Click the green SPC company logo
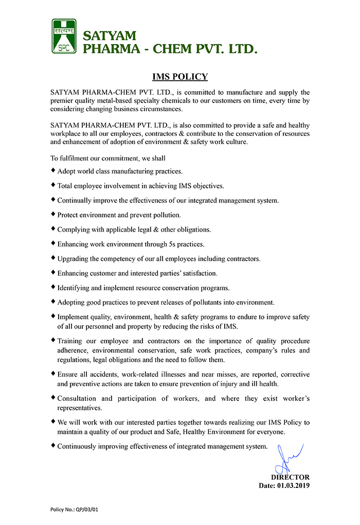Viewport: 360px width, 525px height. coord(64,36)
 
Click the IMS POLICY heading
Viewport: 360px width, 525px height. coord(180,77)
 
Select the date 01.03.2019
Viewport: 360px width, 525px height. coord(293,485)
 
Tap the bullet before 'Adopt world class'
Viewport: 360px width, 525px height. coord(53,170)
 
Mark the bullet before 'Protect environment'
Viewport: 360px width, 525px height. coord(53,214)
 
